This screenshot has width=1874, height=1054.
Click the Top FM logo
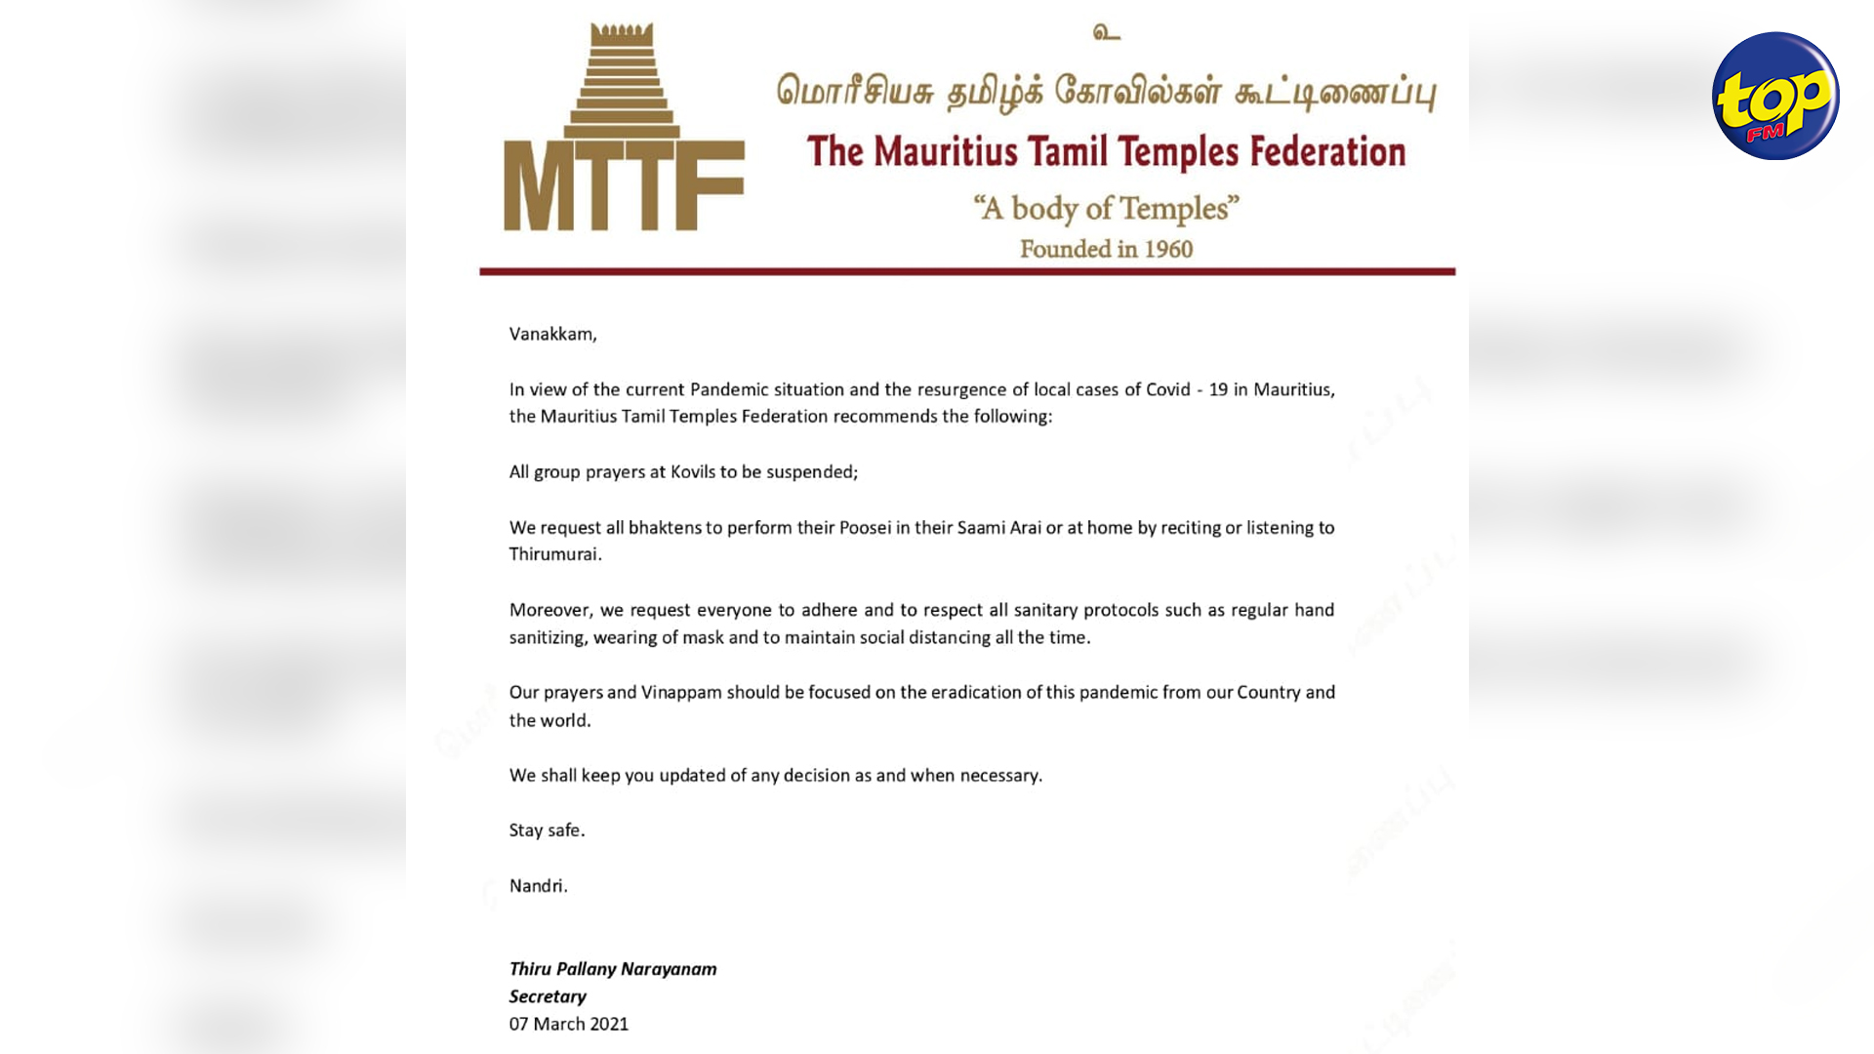coord(1775,96)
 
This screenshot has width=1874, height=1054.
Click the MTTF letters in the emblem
coord(624,185)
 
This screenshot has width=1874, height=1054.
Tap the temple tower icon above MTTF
coord(622,80)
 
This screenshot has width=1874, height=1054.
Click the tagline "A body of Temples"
coord(1106,208)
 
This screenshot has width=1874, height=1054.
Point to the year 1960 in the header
coord(1168,250)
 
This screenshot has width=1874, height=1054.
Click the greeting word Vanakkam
coord(551,334)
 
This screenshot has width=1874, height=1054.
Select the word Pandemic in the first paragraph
coord(729,389)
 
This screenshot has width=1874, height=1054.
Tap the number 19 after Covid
coord(1218,389)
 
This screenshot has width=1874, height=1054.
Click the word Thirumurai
coord(554,554)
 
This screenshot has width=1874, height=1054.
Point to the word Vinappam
coord(681,693)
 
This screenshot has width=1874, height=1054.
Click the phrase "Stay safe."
coord(547,831)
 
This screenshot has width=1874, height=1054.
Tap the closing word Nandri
coord(538,886)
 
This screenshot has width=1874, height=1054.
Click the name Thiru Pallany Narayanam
coord(613,969)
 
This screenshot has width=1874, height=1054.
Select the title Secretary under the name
coord(548,996)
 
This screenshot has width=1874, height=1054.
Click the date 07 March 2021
coord(569,1024)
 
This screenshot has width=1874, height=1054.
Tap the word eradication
coord(975,693)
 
